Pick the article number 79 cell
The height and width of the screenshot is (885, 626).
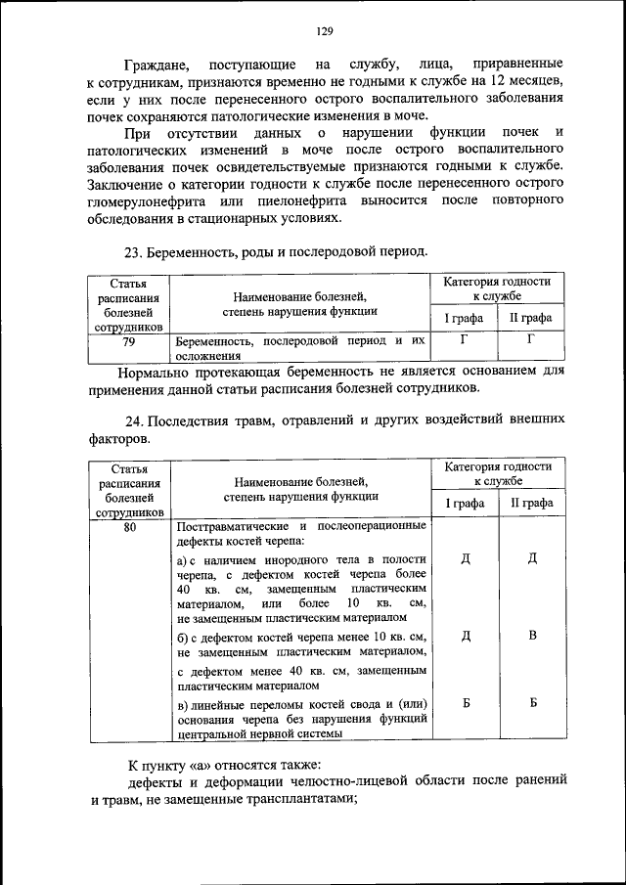128,343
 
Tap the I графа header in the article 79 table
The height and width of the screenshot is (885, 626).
465,318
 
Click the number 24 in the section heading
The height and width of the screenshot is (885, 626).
131,421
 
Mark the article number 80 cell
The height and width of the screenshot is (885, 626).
128,527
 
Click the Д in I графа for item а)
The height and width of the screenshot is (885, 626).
466,559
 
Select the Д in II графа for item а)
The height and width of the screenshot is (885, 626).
532,559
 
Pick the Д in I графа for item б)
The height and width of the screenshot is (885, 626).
466,637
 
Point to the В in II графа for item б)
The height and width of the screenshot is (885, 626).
532,637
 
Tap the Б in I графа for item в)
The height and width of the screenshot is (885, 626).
466,703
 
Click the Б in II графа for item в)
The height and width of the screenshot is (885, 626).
532,703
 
